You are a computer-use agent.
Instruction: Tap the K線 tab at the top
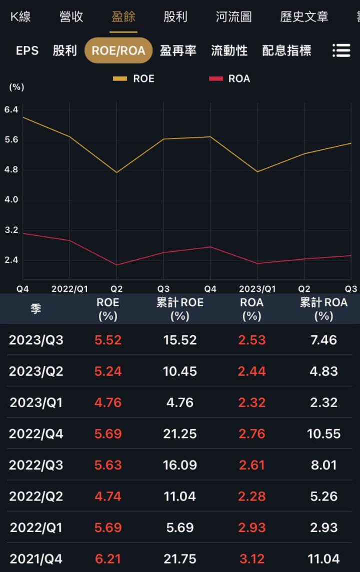(20, 16)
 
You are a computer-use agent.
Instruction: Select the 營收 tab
(71, 16)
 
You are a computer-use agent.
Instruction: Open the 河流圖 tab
(233, 16)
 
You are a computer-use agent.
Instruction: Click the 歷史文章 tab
(304, 16)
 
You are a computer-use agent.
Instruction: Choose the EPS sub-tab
(27, 50)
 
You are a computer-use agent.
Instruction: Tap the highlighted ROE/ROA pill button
(118, 50)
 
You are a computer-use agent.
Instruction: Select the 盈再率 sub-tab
(178, 50)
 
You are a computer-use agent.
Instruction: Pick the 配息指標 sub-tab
(286, 50)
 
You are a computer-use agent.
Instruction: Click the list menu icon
(341, 50)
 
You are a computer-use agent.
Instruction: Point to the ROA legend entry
(230, 78)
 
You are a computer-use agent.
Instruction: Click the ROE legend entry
(134, 78)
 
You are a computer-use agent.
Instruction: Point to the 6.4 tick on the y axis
(11, 109)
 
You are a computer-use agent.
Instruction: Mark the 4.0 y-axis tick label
(11, 200)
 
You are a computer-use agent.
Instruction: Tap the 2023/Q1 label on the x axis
(257, 289)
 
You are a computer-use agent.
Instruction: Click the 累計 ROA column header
(323, 309)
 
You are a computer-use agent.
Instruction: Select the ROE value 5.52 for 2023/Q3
(108, 340)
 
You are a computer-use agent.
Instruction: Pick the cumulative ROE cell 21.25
(179, 434)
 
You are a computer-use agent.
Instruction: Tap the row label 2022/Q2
(36, 497)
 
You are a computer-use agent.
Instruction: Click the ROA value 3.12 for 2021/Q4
(251, 559)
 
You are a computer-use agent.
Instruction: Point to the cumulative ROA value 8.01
(323, 465)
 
